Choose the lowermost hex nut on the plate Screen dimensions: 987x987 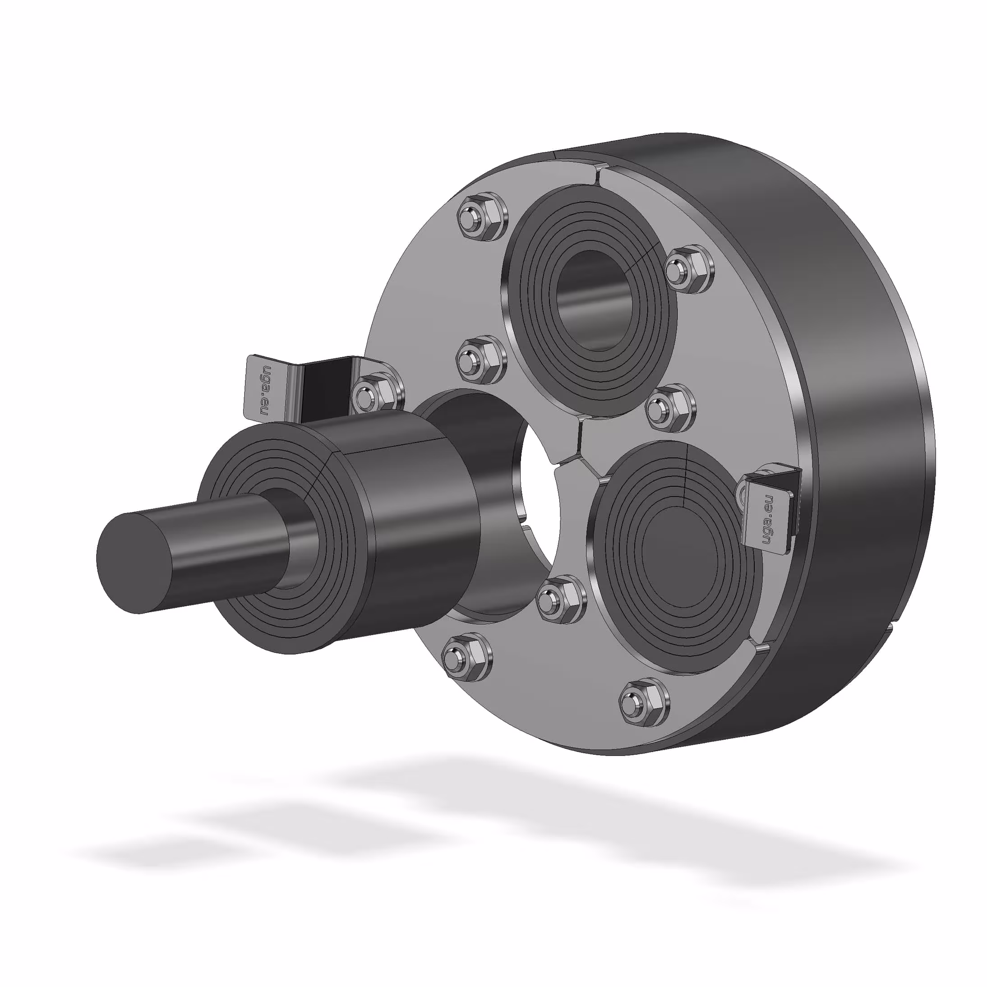(644, 702)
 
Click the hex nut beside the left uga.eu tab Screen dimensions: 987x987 (377, 393)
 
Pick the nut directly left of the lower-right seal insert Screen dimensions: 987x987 (561, 599)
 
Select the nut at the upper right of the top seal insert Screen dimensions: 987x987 (689, 269)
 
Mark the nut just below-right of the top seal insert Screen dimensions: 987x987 (670, 408)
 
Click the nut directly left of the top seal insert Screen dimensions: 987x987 (480, 360)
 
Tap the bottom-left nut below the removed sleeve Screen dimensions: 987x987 (466, 657)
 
